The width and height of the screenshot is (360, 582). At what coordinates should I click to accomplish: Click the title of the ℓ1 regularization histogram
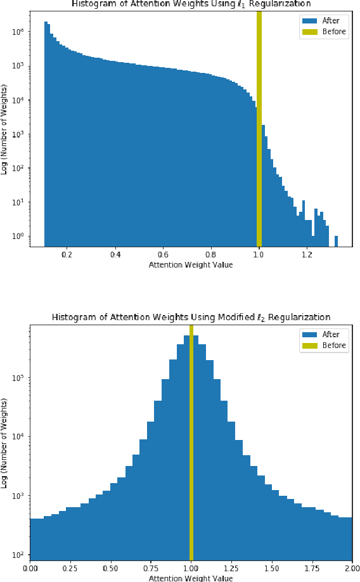coord(190,4)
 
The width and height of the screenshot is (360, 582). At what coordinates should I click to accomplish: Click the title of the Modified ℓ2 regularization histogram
coord(191,317)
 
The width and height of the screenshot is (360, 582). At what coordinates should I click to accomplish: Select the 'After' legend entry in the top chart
coord(323,20)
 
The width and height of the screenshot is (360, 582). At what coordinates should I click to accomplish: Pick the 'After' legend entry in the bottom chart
coord(323,334)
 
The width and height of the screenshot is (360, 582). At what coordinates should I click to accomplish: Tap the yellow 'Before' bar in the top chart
coord(259,127)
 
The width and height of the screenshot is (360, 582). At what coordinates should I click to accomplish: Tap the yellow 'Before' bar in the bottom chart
coord(191,444)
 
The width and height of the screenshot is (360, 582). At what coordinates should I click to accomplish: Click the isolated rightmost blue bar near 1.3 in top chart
coord(336,240)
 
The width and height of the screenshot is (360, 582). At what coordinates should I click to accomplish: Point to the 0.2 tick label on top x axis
coord(67,254)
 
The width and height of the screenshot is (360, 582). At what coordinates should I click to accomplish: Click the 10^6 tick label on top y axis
coord(17,31)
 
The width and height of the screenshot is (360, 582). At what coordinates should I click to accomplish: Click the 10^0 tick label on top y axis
coord(17,236)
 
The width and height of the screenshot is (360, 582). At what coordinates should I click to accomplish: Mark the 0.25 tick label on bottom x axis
coord(70,567)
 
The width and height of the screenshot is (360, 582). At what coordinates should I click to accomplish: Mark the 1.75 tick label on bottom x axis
coord(312,567)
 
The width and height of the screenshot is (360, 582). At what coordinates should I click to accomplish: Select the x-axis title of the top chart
coord(191,265)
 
